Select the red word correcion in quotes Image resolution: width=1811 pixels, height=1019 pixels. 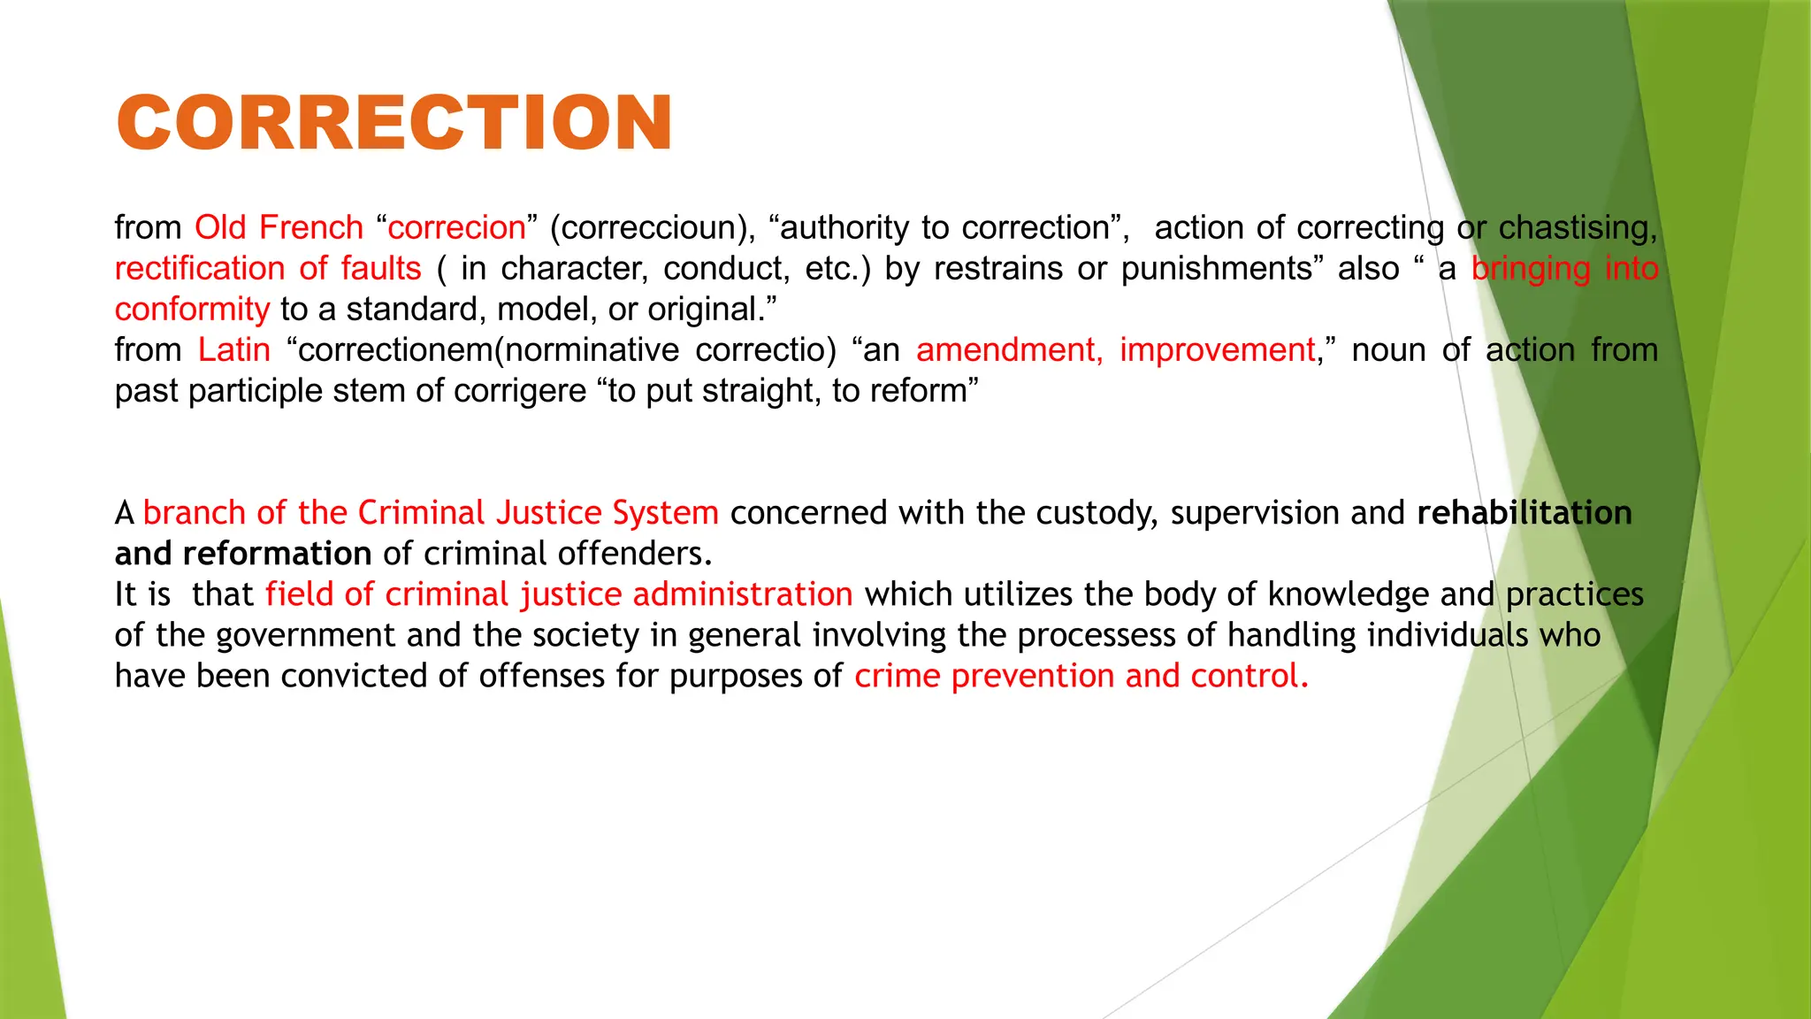[456, 227]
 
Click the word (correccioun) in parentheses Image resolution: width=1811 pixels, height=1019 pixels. [653, 227]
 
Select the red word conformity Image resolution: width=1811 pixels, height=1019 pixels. [192, 309]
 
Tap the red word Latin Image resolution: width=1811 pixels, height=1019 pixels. [233, 349]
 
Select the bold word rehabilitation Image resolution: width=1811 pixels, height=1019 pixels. [1524, 513]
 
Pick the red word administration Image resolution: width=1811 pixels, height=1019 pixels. [743, 594]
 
